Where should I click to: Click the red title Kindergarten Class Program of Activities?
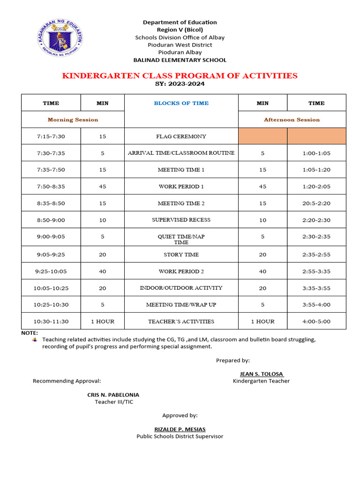[180, 75]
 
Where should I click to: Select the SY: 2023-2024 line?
[180, 84]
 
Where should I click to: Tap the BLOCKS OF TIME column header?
[181, 103]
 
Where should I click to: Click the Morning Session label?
[73, 120]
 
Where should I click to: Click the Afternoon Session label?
[292, 120]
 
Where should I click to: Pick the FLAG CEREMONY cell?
[181, 136]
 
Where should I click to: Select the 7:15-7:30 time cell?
[51, 136]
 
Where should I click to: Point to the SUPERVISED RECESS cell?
[181, 220]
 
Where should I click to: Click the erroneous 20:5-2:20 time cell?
[316, 203]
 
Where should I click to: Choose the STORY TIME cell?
[181, 255]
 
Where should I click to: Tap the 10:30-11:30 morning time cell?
[51, 322]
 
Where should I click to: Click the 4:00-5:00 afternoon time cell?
[316, 322]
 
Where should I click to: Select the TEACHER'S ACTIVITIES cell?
[181, 322]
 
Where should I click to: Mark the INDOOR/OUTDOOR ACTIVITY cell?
[181, 288]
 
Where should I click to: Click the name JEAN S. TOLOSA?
[262, 374]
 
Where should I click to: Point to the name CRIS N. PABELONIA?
[113, 395]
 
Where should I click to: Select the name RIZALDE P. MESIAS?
[180, 429]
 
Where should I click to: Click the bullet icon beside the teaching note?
[35, 339]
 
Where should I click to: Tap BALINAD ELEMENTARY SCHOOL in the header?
[180, 60]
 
